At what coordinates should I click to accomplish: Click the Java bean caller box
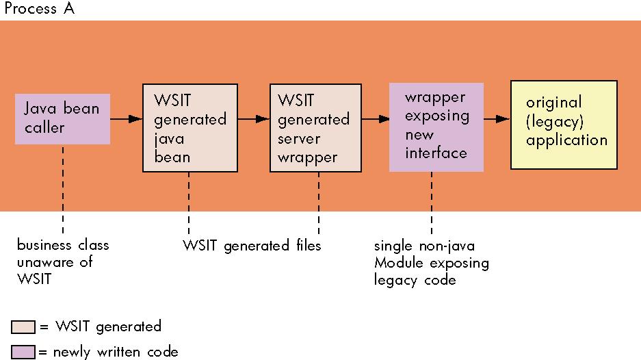pos(62,119)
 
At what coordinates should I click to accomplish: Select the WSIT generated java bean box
pos(190,128)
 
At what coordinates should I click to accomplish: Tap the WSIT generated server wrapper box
pos(315,128)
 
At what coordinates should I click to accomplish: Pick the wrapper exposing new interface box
pos(436,127)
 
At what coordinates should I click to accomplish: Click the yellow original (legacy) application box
pos(564,125)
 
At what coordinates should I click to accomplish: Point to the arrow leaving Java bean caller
pos(127,119)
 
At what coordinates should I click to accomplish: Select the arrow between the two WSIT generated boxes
pos(253,119)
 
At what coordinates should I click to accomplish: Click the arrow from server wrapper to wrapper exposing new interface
pos(376,119)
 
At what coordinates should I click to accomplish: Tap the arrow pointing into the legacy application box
pos(497,119)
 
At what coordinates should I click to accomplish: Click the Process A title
pos(40,8)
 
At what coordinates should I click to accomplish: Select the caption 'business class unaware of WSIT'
pos(63,262)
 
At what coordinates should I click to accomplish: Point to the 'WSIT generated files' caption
pos(252,246)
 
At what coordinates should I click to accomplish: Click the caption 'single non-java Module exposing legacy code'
pos(431,263)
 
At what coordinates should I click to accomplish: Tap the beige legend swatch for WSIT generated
pos(23,327)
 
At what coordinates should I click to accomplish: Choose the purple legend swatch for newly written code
pos(23,352)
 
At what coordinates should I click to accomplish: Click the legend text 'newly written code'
pos(116,352)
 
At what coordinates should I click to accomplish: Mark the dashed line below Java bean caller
pos(63,189)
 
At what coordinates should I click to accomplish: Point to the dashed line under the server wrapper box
pos(319,203)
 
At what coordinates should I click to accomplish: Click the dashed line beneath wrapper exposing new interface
pos(432,203)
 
